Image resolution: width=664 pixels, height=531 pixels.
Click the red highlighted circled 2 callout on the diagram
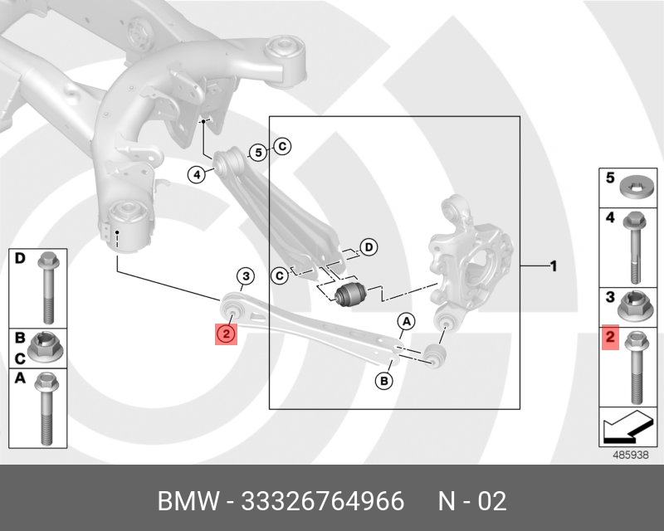click(226, 334)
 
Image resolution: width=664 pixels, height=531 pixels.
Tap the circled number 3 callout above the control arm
click(244, 276)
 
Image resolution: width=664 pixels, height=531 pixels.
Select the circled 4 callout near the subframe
click(196, 174)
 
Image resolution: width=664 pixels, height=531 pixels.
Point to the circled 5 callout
click(258, 153)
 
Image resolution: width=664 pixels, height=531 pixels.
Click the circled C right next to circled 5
click(281, 147)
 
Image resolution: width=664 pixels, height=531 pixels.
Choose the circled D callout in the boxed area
click(369, 246)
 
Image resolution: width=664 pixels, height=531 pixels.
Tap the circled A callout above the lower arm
click(405, 321)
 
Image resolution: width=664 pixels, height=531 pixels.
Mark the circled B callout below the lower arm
click(383, 381)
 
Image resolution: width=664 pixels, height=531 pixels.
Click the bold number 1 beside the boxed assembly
click(553, 266)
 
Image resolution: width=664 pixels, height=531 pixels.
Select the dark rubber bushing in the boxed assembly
click(350, 293)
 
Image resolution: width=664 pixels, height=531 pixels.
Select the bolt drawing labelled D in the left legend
click(47, 283)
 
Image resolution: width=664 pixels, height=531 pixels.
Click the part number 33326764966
click(321, 501)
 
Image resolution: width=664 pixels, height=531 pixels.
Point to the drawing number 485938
click(628, 455)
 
